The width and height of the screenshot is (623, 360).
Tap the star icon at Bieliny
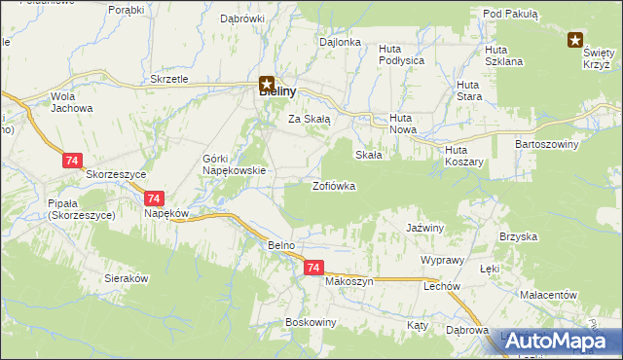267,86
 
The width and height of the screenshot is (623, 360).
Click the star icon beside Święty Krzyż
576,40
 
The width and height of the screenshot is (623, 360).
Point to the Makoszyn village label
349,280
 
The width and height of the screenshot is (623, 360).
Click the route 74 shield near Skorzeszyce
72,161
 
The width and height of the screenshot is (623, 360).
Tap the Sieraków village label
126,277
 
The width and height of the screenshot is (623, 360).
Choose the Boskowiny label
311,321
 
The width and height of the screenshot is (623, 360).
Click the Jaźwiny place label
424,227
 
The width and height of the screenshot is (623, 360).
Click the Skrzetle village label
169,79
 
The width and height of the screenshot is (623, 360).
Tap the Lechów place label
441,287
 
